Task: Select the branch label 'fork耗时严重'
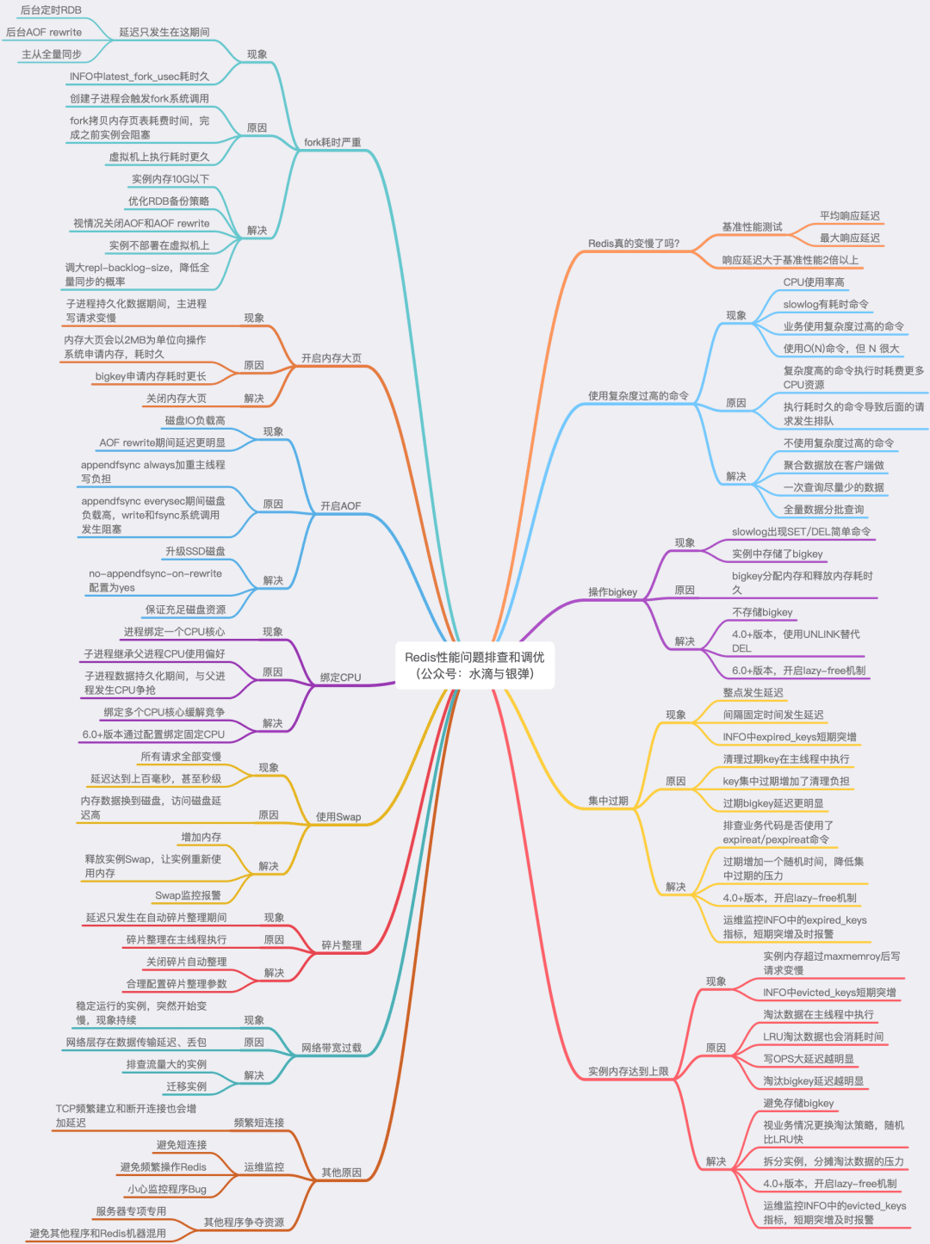(x=332, y=142)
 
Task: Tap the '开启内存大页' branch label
(x=332, y=358)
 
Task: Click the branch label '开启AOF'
(x=341, y=506)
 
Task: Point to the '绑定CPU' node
(x=341, y=678)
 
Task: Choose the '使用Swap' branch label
(x=338, y=817)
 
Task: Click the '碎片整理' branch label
(x=342, y=945)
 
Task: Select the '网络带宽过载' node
(x=332, y=1048)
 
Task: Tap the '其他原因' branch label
(x=342, y=1173)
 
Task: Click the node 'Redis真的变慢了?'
(x=634, y=244)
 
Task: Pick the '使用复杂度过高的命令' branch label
(x=638, y=396)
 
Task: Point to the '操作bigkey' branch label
(x=612, y=592)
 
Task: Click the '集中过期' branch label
(x=608, y=801)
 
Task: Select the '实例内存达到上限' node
(x=629, y=1072)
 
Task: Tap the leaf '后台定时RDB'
(x=51, y=10)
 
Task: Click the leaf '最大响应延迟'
(x=850, y=238)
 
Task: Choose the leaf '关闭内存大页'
(x=177, y=399)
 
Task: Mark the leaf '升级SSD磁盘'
(x=195, y=552)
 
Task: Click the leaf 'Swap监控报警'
(x=188, y=895)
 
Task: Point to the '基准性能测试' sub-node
(x=752, y=227)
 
